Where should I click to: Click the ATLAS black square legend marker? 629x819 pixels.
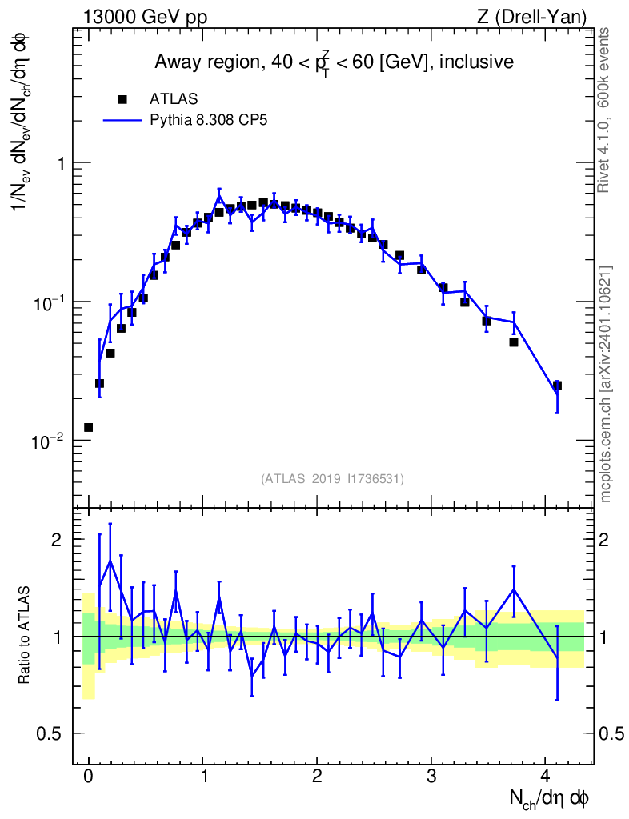[x=122, y=99]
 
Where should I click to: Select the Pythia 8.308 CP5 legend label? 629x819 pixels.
[x=208, y=120]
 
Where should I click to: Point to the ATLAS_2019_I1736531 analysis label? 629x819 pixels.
[x=332, y=478]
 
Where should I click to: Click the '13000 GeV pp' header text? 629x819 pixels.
[x=145, y=17]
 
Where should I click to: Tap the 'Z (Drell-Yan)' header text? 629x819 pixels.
[x=531, y=17]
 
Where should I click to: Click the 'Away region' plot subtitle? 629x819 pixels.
[x=335, y=62]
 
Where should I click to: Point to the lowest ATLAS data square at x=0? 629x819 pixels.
[x=88, y=428]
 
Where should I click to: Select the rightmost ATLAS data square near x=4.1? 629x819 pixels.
[x=558, y=386]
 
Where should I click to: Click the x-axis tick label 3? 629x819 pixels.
[x=431, y=776]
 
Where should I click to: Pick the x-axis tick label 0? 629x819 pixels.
[x=88, y=776]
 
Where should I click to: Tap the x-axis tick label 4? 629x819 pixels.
[x=545, y=776]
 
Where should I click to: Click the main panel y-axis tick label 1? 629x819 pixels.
[x=61, y=163]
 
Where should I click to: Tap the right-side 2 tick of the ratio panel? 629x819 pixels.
[x=604, y=540]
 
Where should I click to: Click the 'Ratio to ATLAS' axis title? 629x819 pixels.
[x=24, y=635]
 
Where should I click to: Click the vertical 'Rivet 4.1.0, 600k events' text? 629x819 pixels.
[x=603, y=110]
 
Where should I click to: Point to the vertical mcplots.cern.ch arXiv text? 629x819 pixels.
[x=605, y=384]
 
